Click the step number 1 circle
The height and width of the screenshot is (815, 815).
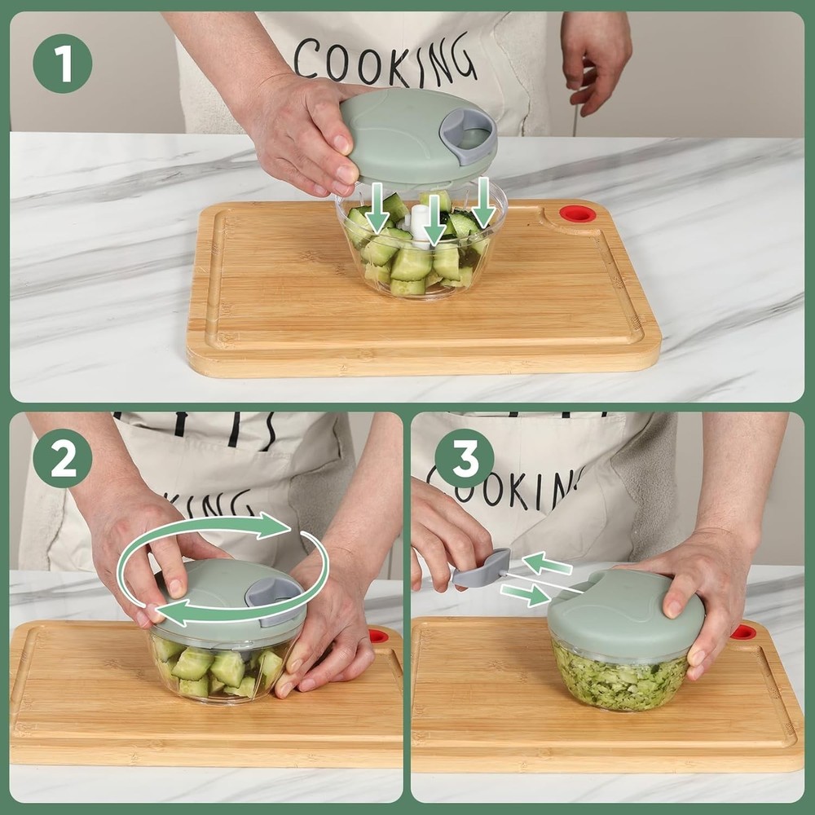pos(62,64)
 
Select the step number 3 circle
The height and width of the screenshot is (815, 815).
pos(465,458)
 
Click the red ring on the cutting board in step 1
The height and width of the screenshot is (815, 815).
pos(578,214)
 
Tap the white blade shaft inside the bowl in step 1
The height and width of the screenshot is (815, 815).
pos(420,225)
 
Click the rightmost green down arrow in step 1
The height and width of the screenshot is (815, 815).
pos(483,204)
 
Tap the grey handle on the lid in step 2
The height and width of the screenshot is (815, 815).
pos(273,591)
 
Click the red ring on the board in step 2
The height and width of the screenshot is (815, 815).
pos(378,635)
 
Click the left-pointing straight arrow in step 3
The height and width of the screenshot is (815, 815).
pos(548,563)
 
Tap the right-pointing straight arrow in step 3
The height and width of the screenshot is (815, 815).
pos(525,594)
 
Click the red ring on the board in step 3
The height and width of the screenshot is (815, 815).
pos(742,632)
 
